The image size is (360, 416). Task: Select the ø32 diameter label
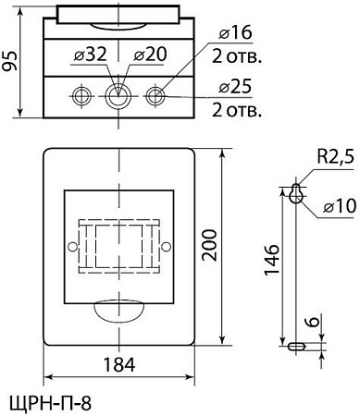(90, 55)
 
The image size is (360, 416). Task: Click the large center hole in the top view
(118, 95)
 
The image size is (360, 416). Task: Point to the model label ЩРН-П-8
(50, 403)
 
